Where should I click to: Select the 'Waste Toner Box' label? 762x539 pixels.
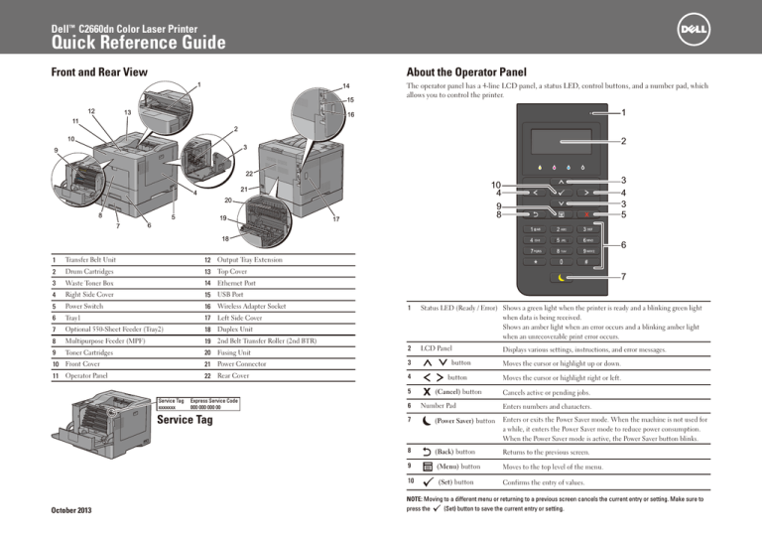coord(65,284)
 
